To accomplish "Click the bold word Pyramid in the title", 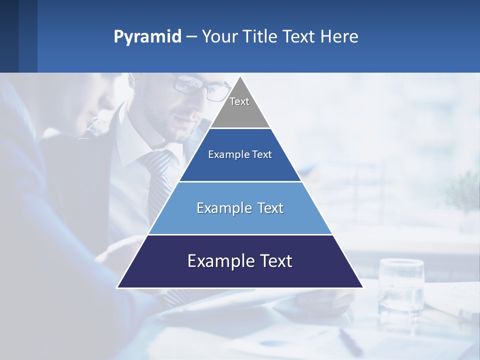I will click(x=147, y=37).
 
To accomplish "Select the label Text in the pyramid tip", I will click(x=239, y=101).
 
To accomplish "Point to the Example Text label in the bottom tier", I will click(x=240, y=261).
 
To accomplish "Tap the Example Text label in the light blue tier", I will click(x=240, y=208).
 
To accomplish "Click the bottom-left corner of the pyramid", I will click(x=118, y=287).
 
